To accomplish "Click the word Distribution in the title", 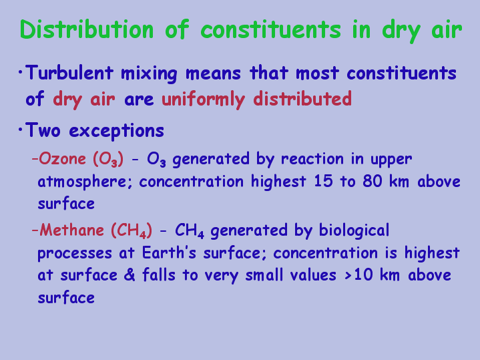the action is point(87,29).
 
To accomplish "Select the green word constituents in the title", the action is point(270,29).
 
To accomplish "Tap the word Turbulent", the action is point(69,73).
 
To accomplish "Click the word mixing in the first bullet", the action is point(149,74).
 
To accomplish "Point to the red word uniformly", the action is point(203,99).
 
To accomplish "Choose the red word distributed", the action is point(302,99).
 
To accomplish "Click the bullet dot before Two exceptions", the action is point(20,130).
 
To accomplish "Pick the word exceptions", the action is point(117,131).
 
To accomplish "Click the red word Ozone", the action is point(62,159).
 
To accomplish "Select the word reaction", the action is point(312,159).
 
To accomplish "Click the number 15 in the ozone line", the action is point(323,181).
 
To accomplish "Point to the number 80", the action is point(373,181).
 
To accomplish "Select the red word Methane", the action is point(71,230).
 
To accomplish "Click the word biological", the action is point(354,230).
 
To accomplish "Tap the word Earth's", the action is point(169,252).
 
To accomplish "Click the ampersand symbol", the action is point(130,275).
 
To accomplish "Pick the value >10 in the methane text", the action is point(358,275).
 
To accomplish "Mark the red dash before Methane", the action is point(35,230).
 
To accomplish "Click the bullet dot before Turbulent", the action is point(20,73).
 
